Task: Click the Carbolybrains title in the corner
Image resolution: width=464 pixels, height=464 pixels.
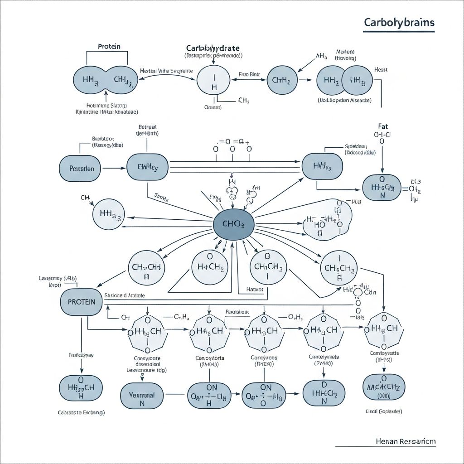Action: [x=399, y=23]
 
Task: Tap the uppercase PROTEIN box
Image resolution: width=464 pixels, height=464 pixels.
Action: [x=81, y=301]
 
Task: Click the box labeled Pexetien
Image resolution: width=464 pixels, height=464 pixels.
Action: [x=82, y=169]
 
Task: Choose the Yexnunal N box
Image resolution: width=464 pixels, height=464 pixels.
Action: [x=142, y=395]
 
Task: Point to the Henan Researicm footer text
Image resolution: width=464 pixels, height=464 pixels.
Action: [x=406, y=441]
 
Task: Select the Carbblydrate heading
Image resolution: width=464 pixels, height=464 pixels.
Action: [x=213, y=48]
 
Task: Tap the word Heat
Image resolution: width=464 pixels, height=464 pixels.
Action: [x=381, y=70]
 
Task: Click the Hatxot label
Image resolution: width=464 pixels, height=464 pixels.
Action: [x=254, y=289]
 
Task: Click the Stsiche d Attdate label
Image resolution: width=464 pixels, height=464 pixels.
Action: [x=125, y=295]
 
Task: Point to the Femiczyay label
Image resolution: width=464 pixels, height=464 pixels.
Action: [x=81, y=355]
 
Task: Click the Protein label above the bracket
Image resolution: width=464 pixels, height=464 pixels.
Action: [x=109, y=47]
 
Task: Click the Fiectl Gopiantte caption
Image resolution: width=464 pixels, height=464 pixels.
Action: [x=383, y=411]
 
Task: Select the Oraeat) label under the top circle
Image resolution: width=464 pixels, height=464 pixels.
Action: [x=213, y=107]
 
